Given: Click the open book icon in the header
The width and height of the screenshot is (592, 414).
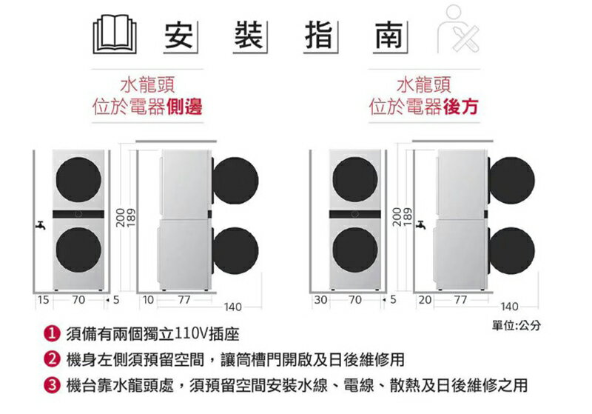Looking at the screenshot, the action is tap(115, 34).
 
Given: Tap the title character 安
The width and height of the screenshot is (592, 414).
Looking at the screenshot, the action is tap(179, 36).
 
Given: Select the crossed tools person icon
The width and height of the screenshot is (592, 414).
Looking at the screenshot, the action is tap(458, 29).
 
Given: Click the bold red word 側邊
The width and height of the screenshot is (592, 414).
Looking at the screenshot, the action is tap(184, 106).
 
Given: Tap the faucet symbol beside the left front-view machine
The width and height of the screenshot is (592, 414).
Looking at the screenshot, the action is tap(41, 225).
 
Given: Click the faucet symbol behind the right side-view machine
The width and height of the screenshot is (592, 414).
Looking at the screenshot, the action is tap(420, 225).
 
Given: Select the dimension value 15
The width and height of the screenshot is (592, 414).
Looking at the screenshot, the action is tap(44, 300).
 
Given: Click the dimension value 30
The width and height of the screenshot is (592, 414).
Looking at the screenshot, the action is tap(320, 300).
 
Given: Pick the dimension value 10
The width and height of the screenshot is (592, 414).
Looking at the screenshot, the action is tap(149, 300).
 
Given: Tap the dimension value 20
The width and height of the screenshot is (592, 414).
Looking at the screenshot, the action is tap(425, 300).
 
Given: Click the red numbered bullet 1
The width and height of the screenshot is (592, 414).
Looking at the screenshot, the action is tap(52, 334).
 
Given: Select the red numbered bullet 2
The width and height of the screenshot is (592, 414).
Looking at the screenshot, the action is tap(52, 359).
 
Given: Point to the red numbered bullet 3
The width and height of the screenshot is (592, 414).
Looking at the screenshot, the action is tap(52, 385).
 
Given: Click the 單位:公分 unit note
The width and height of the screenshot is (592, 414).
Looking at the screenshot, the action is tap(516, 325).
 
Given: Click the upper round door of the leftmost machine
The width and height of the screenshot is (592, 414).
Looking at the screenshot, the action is tap(78, 180).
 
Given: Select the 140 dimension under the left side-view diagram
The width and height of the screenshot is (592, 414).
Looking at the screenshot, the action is tap(232, 307).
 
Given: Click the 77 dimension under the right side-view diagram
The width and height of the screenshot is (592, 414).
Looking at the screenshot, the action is tap(460, 300).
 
